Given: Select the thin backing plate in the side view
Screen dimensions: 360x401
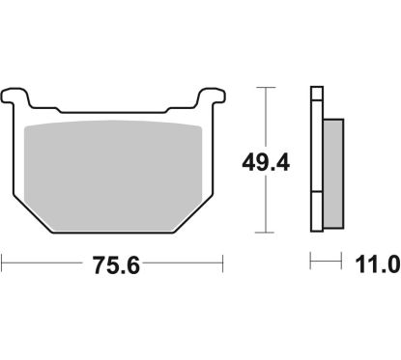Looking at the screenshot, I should (315, 159).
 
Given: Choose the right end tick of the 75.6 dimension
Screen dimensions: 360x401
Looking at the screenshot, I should (224, 262).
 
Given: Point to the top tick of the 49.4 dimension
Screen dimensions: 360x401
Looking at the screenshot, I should (264, 86).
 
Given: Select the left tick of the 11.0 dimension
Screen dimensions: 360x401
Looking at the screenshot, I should (310, 262).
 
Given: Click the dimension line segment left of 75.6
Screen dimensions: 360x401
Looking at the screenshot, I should (43, 262).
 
